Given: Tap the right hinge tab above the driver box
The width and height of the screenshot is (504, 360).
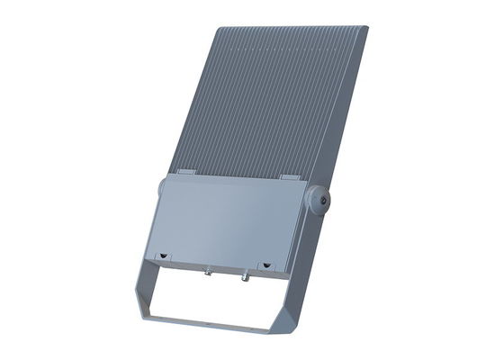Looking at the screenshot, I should click(290, 176).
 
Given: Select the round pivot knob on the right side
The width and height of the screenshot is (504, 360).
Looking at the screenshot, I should click(319, 200).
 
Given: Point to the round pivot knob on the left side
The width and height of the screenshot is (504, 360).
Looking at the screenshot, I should click(162, 188).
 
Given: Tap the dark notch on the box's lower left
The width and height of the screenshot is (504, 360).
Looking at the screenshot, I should click(163, 256).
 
